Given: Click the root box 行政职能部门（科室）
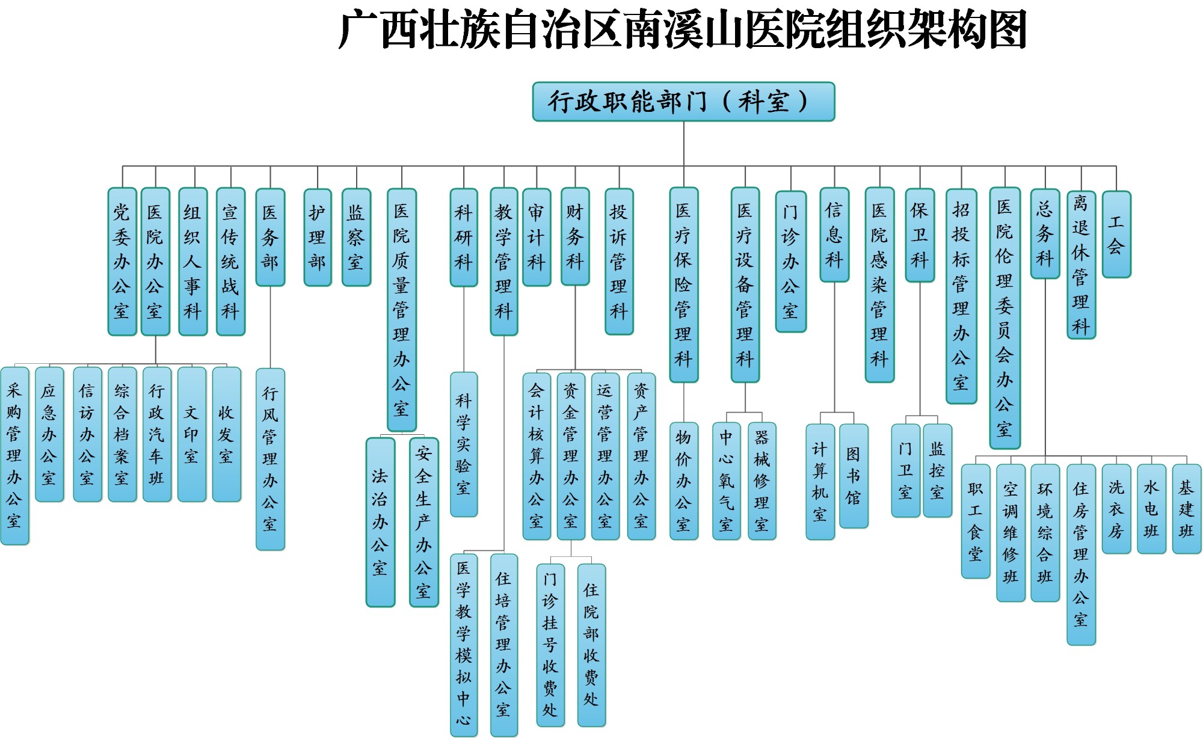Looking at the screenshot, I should pos(683,102).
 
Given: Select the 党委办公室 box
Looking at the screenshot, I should pos(122,262).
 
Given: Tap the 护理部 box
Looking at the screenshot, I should pos(318,237).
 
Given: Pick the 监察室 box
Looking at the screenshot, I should pos(356,237).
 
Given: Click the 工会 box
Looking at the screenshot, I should pos(1116,235).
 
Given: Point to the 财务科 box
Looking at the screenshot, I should pos(575,236).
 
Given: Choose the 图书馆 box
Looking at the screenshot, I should pos(854,476).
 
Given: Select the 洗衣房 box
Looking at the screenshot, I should pos(1116,509).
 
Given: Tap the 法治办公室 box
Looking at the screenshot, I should pos(380,522).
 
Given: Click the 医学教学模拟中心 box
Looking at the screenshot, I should pos(464,644).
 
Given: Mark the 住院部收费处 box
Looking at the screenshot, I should pos(591,645).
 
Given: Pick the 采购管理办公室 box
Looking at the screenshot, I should pos(14,456).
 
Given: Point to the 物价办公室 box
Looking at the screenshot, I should pos(683,481).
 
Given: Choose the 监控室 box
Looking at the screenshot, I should pos(937,470).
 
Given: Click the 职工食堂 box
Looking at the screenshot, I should pos(975,521).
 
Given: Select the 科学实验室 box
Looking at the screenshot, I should pos(464,444).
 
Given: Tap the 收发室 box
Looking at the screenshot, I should pos(226,434).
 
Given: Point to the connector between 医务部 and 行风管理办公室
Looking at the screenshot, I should pos(270,327).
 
